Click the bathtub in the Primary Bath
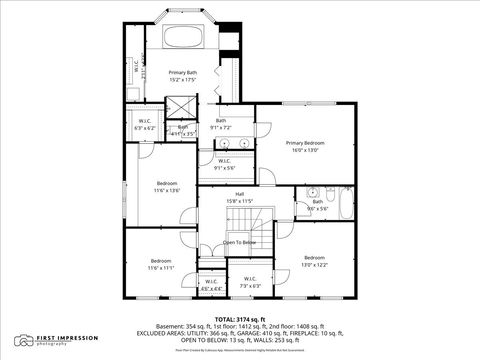point(183,38)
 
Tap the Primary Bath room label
point(183,73)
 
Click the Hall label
point(240,194)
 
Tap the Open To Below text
point(240,242)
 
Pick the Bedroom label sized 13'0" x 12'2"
point(315,257)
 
